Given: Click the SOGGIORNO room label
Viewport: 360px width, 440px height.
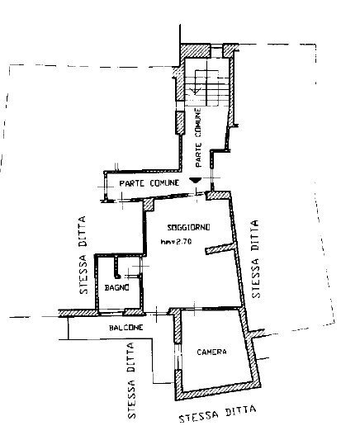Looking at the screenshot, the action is [x=188, y=227].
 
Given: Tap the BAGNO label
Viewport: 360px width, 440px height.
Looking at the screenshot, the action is [x=117, y=287].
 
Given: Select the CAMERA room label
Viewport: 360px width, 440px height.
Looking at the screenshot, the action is [x=211, y=352].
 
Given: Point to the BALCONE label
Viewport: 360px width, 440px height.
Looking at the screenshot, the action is [x=126, y=328].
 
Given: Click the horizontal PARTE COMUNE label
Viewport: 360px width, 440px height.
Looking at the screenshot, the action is [x=149, y=183].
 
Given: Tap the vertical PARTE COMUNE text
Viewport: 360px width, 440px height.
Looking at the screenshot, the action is [x=198, y=138].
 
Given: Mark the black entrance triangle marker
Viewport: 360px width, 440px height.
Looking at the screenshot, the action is [x=195, y=180].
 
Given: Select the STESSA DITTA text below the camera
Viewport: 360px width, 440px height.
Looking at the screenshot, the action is [x=218, y=414].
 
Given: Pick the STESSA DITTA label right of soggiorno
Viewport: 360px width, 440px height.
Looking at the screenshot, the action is [x=255, y=258].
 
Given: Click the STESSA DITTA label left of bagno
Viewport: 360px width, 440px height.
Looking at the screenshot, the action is [x=83, y=255].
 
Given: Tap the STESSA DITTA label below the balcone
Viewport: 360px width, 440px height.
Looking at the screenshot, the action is [x=131, y=381].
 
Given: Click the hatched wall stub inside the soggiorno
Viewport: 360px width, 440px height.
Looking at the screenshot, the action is [x=220, y=248].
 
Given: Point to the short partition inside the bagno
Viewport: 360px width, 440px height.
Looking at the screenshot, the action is [x=116, y=267].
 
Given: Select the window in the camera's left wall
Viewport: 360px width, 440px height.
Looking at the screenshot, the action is [x=178, y=357].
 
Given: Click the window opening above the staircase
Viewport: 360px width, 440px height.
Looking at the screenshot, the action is [x=216, y=50].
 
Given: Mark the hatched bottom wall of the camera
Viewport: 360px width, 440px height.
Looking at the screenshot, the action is [x=218, y=390].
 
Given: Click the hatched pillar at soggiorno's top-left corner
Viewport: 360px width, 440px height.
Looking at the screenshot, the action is [x=148, y=205].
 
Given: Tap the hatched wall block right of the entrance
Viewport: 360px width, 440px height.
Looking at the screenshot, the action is [x=218, y=196].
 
